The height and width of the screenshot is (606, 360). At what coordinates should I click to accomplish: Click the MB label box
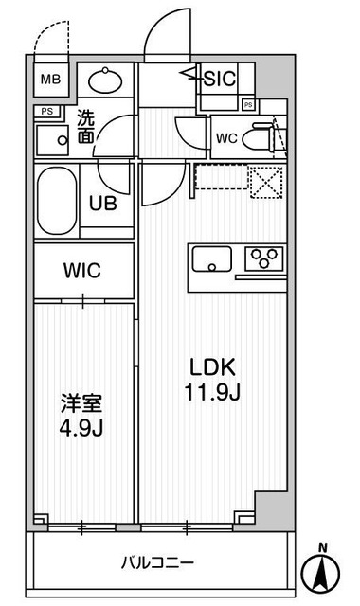click(x=51, y=79)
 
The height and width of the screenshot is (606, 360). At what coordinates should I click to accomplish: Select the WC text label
click(x=226, y=137)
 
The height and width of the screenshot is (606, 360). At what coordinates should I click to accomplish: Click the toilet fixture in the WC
click(x=264, y=137)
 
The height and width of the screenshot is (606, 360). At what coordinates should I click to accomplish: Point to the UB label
click(x=102, y=202)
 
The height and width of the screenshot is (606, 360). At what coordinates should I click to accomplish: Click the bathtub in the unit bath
click(x=58, y=202)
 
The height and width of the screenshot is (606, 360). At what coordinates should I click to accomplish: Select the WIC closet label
click(x=81, y=270)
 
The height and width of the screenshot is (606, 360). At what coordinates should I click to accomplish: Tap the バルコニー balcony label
click(x=157, y=562)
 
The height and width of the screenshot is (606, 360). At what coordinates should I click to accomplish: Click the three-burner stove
click(x=264, y=258)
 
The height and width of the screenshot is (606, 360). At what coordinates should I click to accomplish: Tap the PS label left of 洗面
click(x=46, y=112)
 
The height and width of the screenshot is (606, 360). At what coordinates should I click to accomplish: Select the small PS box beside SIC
click(x=248, y=104)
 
